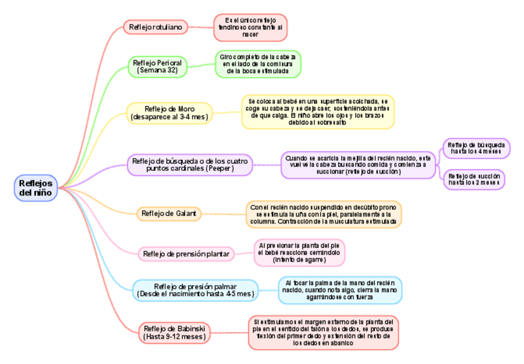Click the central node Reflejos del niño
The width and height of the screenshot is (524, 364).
pos(36,188)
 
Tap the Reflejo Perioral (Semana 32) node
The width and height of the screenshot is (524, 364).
pos(157,67)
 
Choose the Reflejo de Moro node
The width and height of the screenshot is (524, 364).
pos(169,112)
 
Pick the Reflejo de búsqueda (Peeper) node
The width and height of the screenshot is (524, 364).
pos(190,165)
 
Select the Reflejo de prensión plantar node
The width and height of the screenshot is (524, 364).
pos(186,254)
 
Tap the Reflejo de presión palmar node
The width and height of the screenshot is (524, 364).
pos(195,290)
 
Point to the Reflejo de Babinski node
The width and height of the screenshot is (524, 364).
pos(174,333)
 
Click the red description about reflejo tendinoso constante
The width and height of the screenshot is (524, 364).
pos(250,28)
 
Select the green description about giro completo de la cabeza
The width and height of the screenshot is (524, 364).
pos(258,64)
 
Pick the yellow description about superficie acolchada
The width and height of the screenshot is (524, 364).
pos(318,112)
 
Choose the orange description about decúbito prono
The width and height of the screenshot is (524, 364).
pos(324,214)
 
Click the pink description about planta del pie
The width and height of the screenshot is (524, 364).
pos(299,253)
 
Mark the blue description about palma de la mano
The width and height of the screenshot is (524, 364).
pos(339,290)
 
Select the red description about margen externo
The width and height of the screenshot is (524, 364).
pos(323,333)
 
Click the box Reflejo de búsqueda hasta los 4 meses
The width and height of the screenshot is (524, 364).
pos(476,149)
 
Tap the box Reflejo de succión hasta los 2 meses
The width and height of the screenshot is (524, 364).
pos(474,179)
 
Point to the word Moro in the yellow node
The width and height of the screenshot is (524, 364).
pos(187,109)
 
